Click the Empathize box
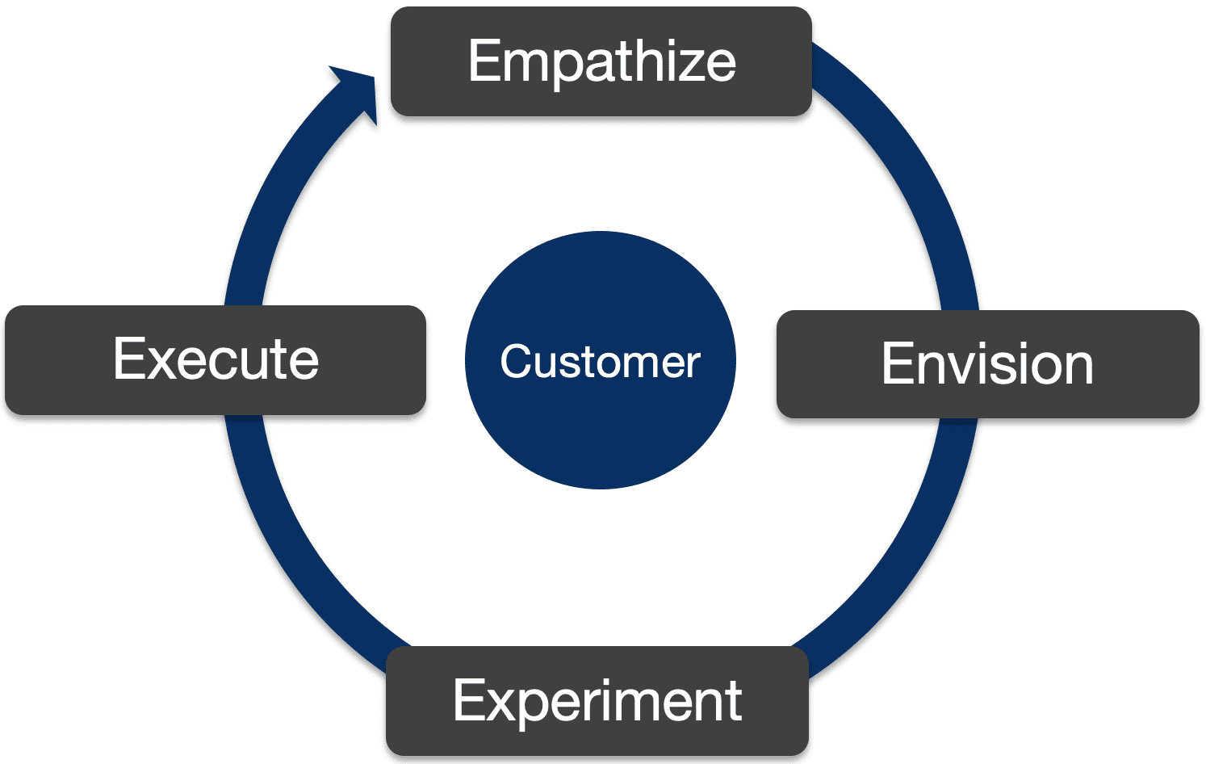tap(601, 61)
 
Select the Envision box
tap(987, 364)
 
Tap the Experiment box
tap(597, 701)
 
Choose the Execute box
tap(215, 360)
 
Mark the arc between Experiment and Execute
tap(299, 557)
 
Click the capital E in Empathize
tap(484, 61)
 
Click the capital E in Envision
tap(895, 364)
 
